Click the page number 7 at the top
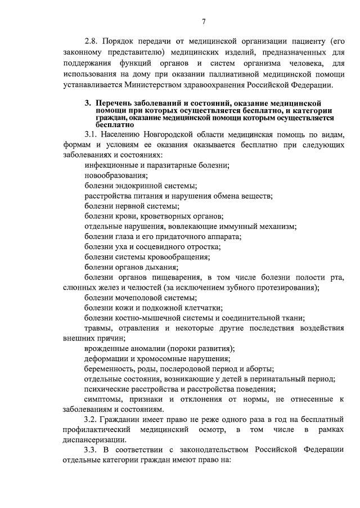204,21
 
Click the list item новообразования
116,176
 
